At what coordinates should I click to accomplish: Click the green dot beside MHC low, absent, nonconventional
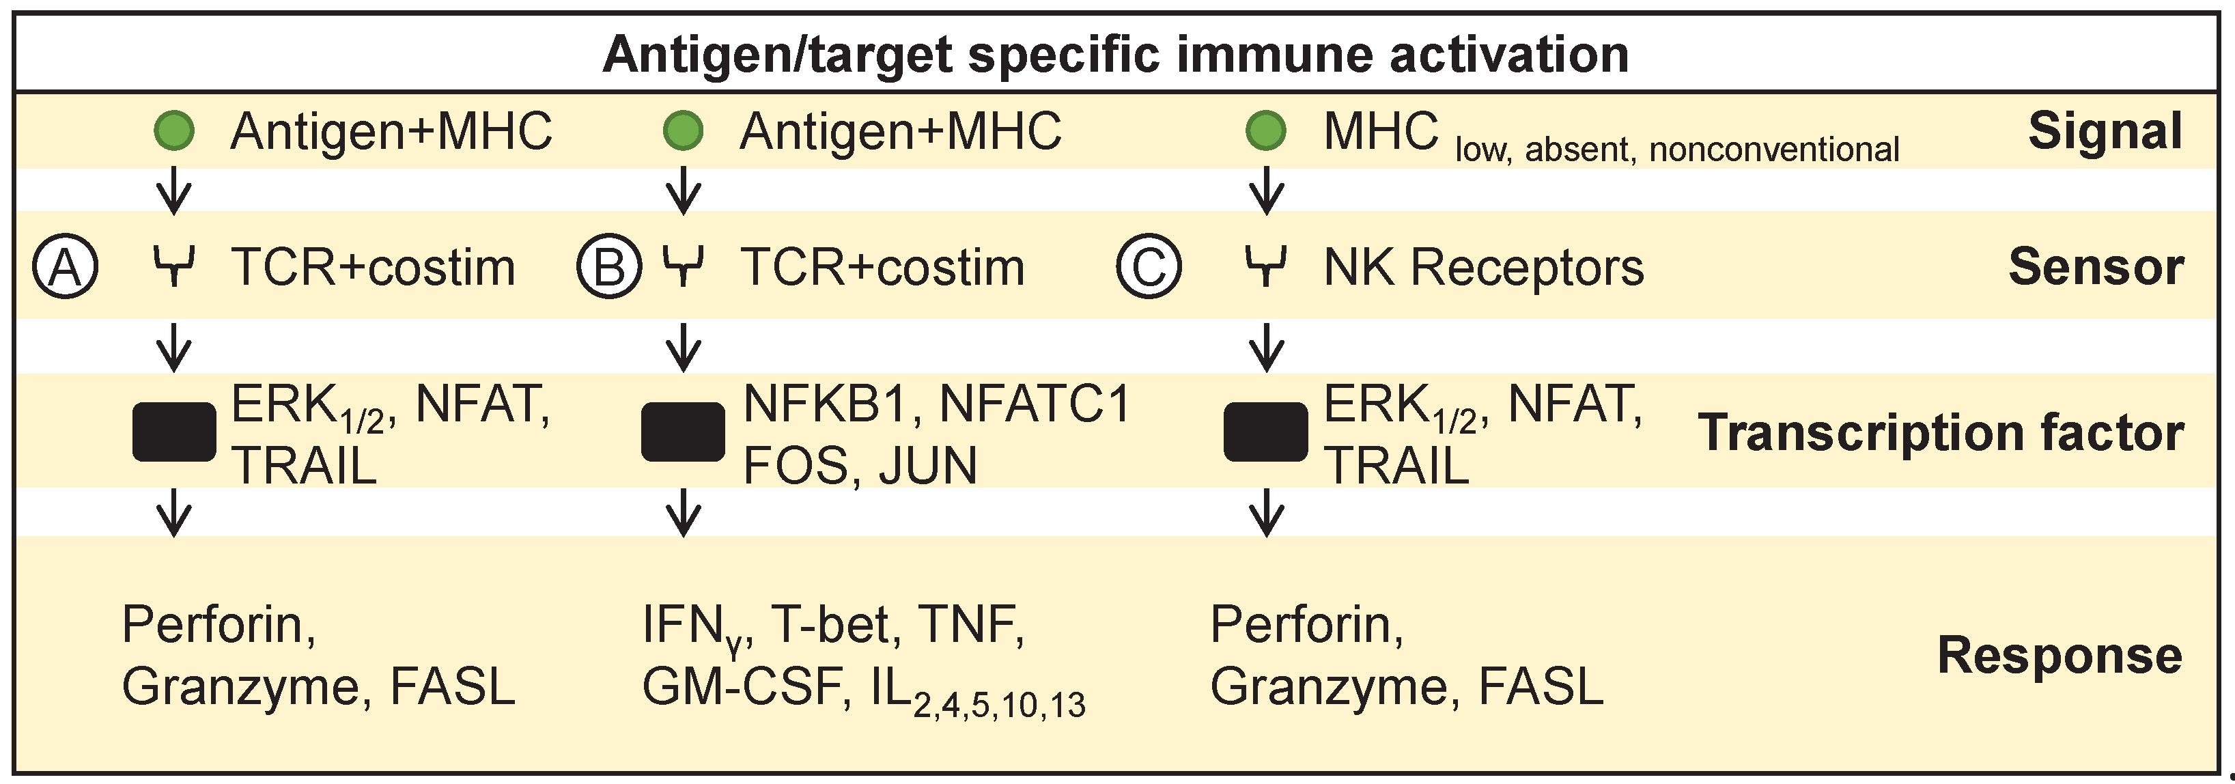pyautogui.click(x=1266, y=132)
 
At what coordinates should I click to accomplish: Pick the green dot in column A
pyautogui.click(x=173, y=132)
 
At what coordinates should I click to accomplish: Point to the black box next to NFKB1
pyautogui.click(x=683, y=432)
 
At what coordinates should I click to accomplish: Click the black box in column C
pyautogui.click(x=1266, y=432)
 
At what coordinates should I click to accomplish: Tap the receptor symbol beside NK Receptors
pyautogui.click(x=1266, y=266)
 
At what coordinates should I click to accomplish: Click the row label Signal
pyautogui.click(x=2104, y=132)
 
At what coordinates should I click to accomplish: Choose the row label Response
pyautogui.click(x=2059, y=655)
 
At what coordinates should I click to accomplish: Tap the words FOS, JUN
pyautogui.click(x=860, y=466)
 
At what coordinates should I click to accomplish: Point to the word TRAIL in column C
pyautogui.click(x=1396, y=466)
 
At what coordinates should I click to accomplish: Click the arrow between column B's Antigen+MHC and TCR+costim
pyautogui.click(x=683, y=190)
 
